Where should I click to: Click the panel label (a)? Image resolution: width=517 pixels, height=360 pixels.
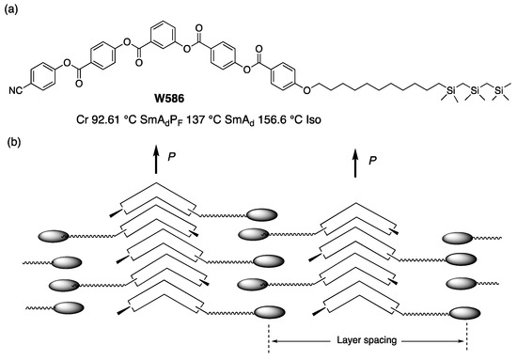coord(12,10)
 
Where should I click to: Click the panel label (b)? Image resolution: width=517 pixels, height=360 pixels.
coord(12,142)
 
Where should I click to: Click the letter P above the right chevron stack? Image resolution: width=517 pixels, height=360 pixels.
coord(373,162)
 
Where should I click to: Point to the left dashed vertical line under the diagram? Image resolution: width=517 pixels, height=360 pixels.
coord(268,336)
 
